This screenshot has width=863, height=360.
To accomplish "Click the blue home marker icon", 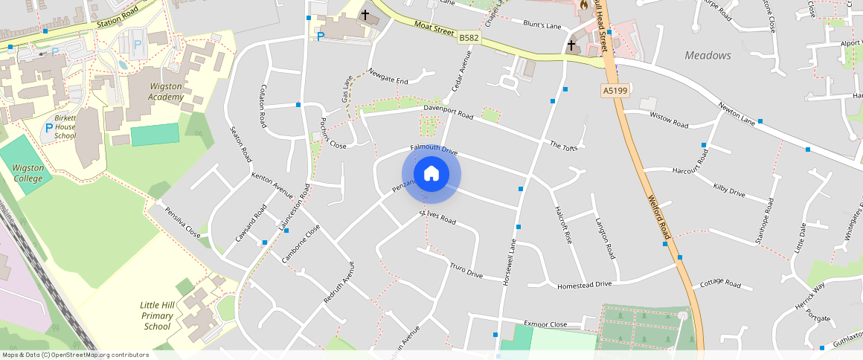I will (x=431, y=174).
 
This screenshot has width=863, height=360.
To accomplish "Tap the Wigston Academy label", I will (x=165, y=91).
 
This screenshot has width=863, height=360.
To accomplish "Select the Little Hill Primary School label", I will (x=157, y=315).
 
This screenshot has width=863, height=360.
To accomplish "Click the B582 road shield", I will (x=469, y=37).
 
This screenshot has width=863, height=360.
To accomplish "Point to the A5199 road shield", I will (x=615, y=91).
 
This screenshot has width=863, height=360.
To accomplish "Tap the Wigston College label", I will (x=28, y=173).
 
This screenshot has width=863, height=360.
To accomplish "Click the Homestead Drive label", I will (x=584, y=284).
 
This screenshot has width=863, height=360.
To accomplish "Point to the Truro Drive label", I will (x=466, y=271).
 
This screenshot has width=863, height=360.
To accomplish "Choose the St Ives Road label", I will (x=437, y=217).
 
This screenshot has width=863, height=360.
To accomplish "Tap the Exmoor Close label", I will (x=545, y=324).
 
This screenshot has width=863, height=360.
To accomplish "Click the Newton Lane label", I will (x=737, y=114).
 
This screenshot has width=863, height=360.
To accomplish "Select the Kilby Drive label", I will (x=728, y=190).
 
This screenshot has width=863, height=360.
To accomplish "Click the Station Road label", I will (x=118, y=18).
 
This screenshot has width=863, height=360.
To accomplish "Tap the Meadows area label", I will (x=708, y=56).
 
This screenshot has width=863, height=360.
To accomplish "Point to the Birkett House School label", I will (x=65, y=127).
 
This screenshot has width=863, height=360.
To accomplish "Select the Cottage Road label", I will (x=721, y=284).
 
